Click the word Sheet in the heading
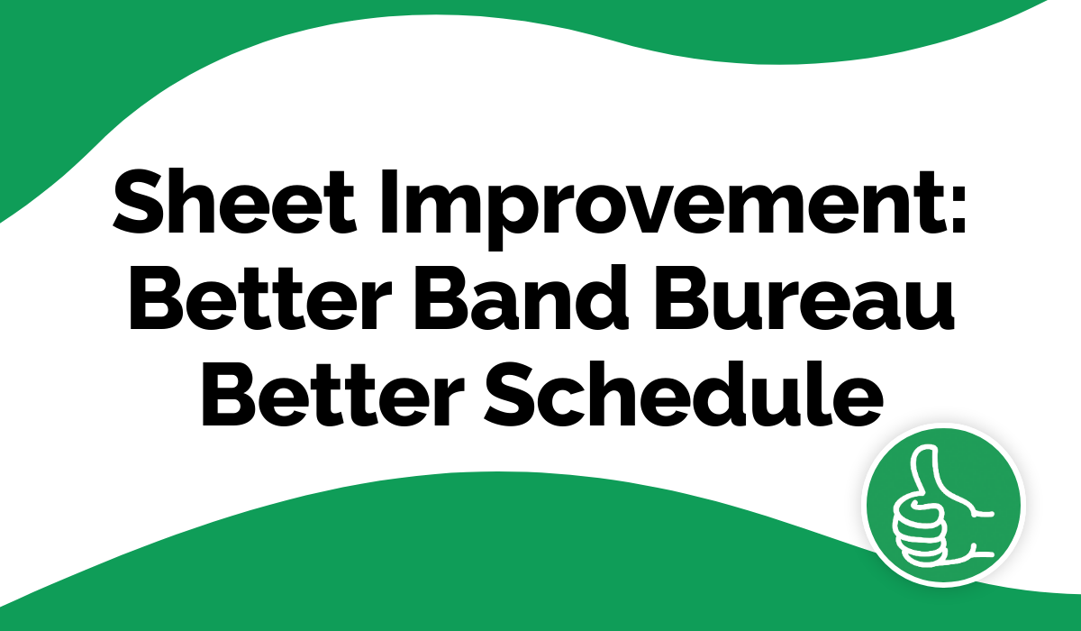(x=235, y=201)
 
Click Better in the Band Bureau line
(x=259, y=297)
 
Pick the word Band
(x=522, y=297)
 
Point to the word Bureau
(x=804, y=297)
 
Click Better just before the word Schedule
(x=333, y=394)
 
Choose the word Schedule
(x=684, y=394)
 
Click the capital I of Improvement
(x=388, y=201)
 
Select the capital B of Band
(x=442, y=297)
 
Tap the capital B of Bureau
(x=682, y=297)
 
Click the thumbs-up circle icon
(x=943, y=505)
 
